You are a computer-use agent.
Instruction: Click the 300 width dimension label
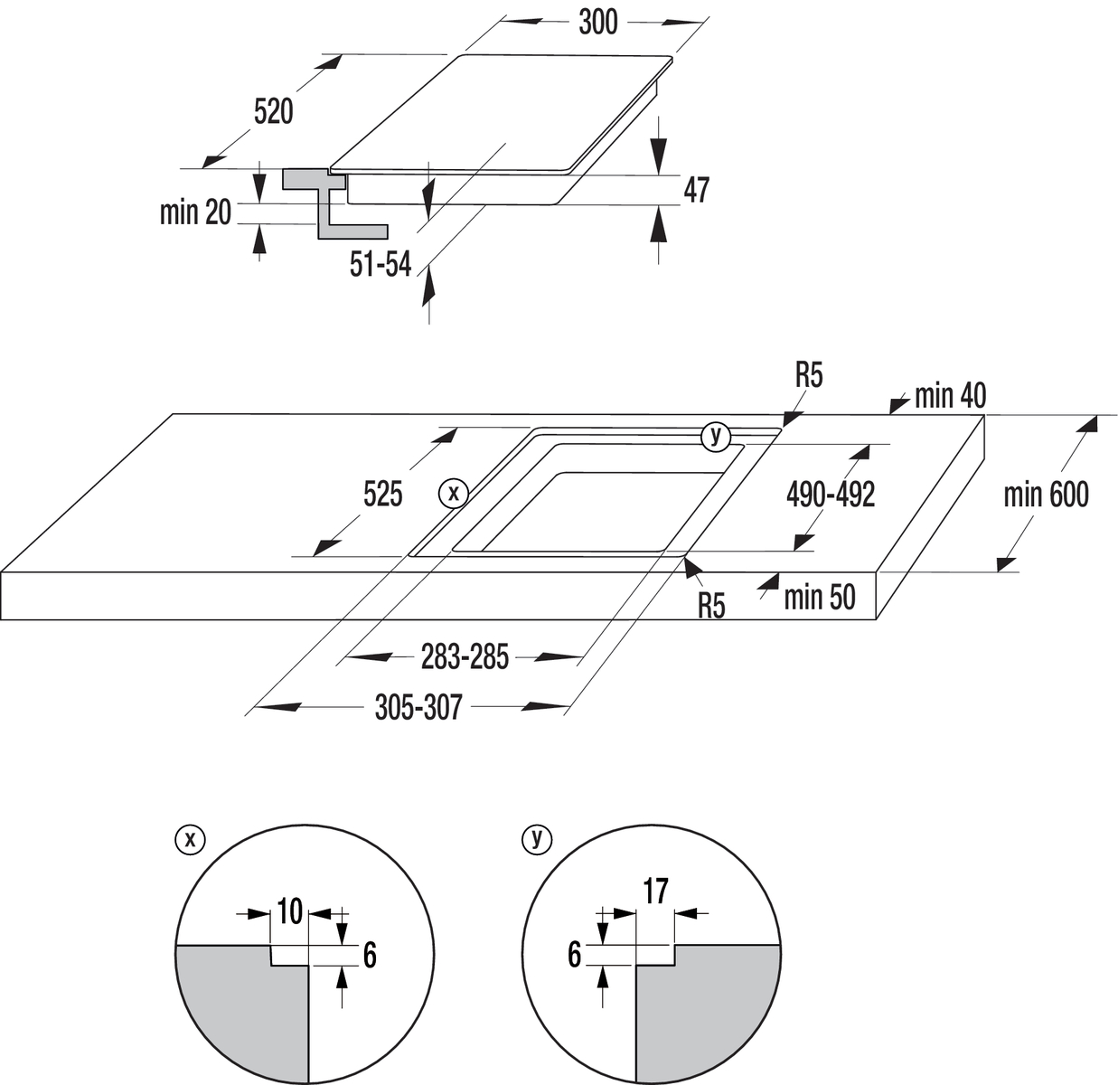[x=597, y=23]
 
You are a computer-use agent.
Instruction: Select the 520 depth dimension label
[x=273, y=112]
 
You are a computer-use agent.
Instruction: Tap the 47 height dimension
[x=696, y=191]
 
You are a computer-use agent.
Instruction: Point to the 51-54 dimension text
[x=380, y=266]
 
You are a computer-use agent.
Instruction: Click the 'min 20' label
[x=195, y=212]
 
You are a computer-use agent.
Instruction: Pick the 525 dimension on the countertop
[x=382, y=495]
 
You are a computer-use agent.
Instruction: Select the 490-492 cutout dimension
[x=831, y=495]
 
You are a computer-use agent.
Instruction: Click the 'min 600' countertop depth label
[x=1046, y=495]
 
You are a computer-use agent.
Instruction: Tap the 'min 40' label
[x=950, y=395]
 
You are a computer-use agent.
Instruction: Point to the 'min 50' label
[x=819, y=597]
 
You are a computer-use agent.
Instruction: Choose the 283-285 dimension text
[x=465, y=657]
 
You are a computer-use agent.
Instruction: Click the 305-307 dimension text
[x=418, y=707]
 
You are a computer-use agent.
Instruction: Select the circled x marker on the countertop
[x=453, y=493]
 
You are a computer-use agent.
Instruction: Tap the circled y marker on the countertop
[x=715, y=436]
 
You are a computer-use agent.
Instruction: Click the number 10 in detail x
[x=289, y=912]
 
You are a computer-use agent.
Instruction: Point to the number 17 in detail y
[x=655, y=891]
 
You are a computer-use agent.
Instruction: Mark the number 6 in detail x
[x=369, y=955]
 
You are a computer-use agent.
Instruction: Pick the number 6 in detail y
[x=574, y=955]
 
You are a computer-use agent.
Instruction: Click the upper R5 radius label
[x=809, y=375]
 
